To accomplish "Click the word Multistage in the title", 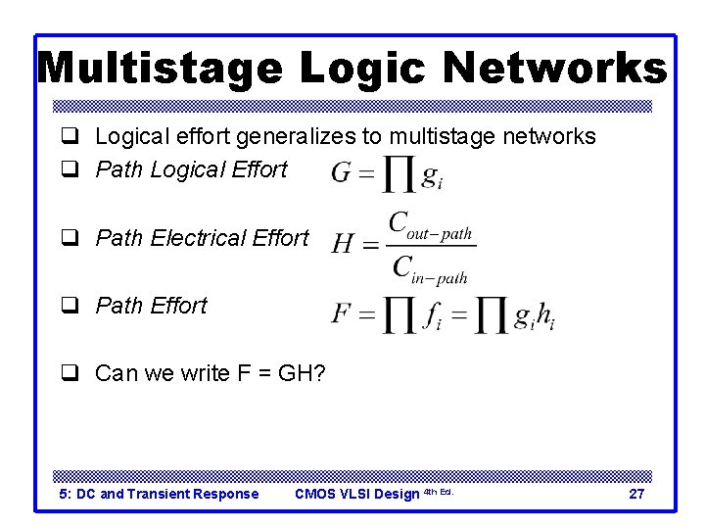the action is click(x=160, y=68).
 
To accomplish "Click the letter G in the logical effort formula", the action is click(x=342, y=174).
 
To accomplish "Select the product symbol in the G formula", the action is click(x=398, y=175).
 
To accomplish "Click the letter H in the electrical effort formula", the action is click(x=343, y=243).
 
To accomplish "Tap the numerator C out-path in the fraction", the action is click(x=430, y=225).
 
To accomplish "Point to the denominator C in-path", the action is click(x=430, y=266).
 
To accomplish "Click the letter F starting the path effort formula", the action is click(x=341, y=314).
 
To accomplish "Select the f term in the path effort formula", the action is click(x=432, y=315).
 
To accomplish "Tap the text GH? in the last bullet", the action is click(x=303, y=373).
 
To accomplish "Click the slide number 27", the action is click(x=635, y=494).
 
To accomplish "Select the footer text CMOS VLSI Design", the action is click(x=356, y=494).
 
